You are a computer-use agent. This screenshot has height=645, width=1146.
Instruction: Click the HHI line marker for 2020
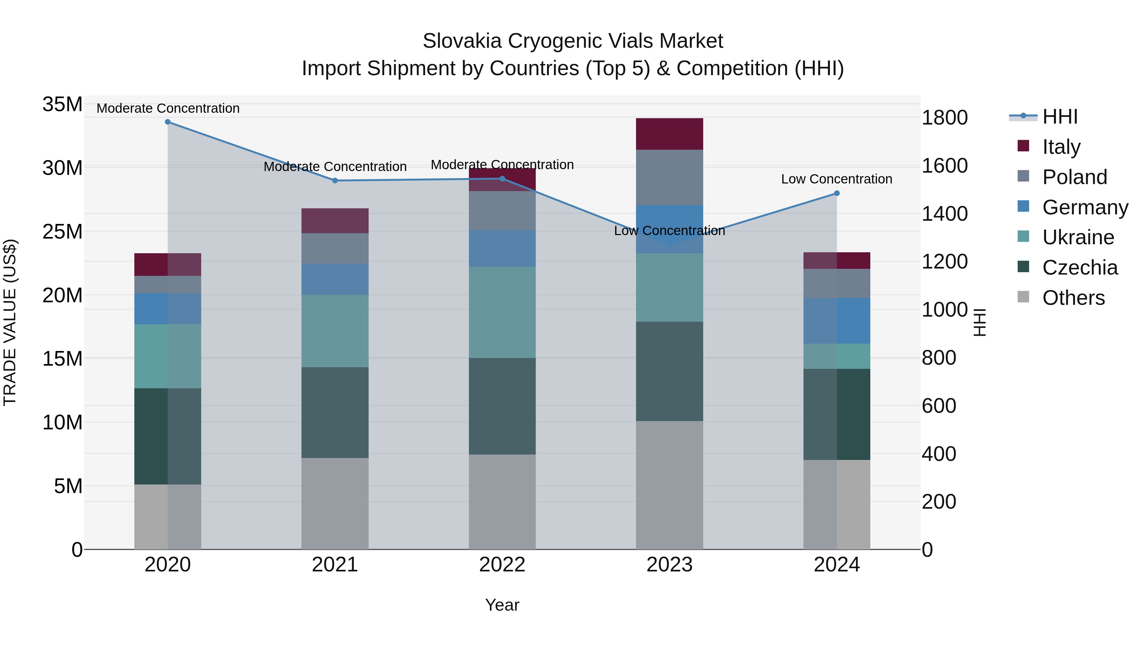(168, 122)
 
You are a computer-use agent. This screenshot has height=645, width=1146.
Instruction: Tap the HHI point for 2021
(335, 181)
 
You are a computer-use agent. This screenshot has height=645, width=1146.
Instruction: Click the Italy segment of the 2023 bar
(669, 134)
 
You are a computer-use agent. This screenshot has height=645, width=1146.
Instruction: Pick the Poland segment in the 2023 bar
(669, 177)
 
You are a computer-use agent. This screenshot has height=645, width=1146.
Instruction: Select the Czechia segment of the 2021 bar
(335, 412)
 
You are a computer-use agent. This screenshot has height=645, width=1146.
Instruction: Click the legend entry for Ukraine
(1078, 237)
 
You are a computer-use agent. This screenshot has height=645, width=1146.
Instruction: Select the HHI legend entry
(1060, 117)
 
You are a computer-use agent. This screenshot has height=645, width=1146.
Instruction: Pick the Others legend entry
(1073, 298)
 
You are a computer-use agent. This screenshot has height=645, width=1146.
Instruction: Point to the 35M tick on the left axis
(62, 104)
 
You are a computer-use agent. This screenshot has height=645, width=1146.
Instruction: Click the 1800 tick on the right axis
(944, 118)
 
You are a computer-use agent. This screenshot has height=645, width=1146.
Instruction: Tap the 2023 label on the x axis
(669, 565)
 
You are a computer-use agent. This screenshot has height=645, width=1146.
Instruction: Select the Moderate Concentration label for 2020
(168, 108)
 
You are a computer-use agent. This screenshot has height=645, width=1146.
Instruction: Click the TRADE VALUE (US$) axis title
(10, 322)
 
